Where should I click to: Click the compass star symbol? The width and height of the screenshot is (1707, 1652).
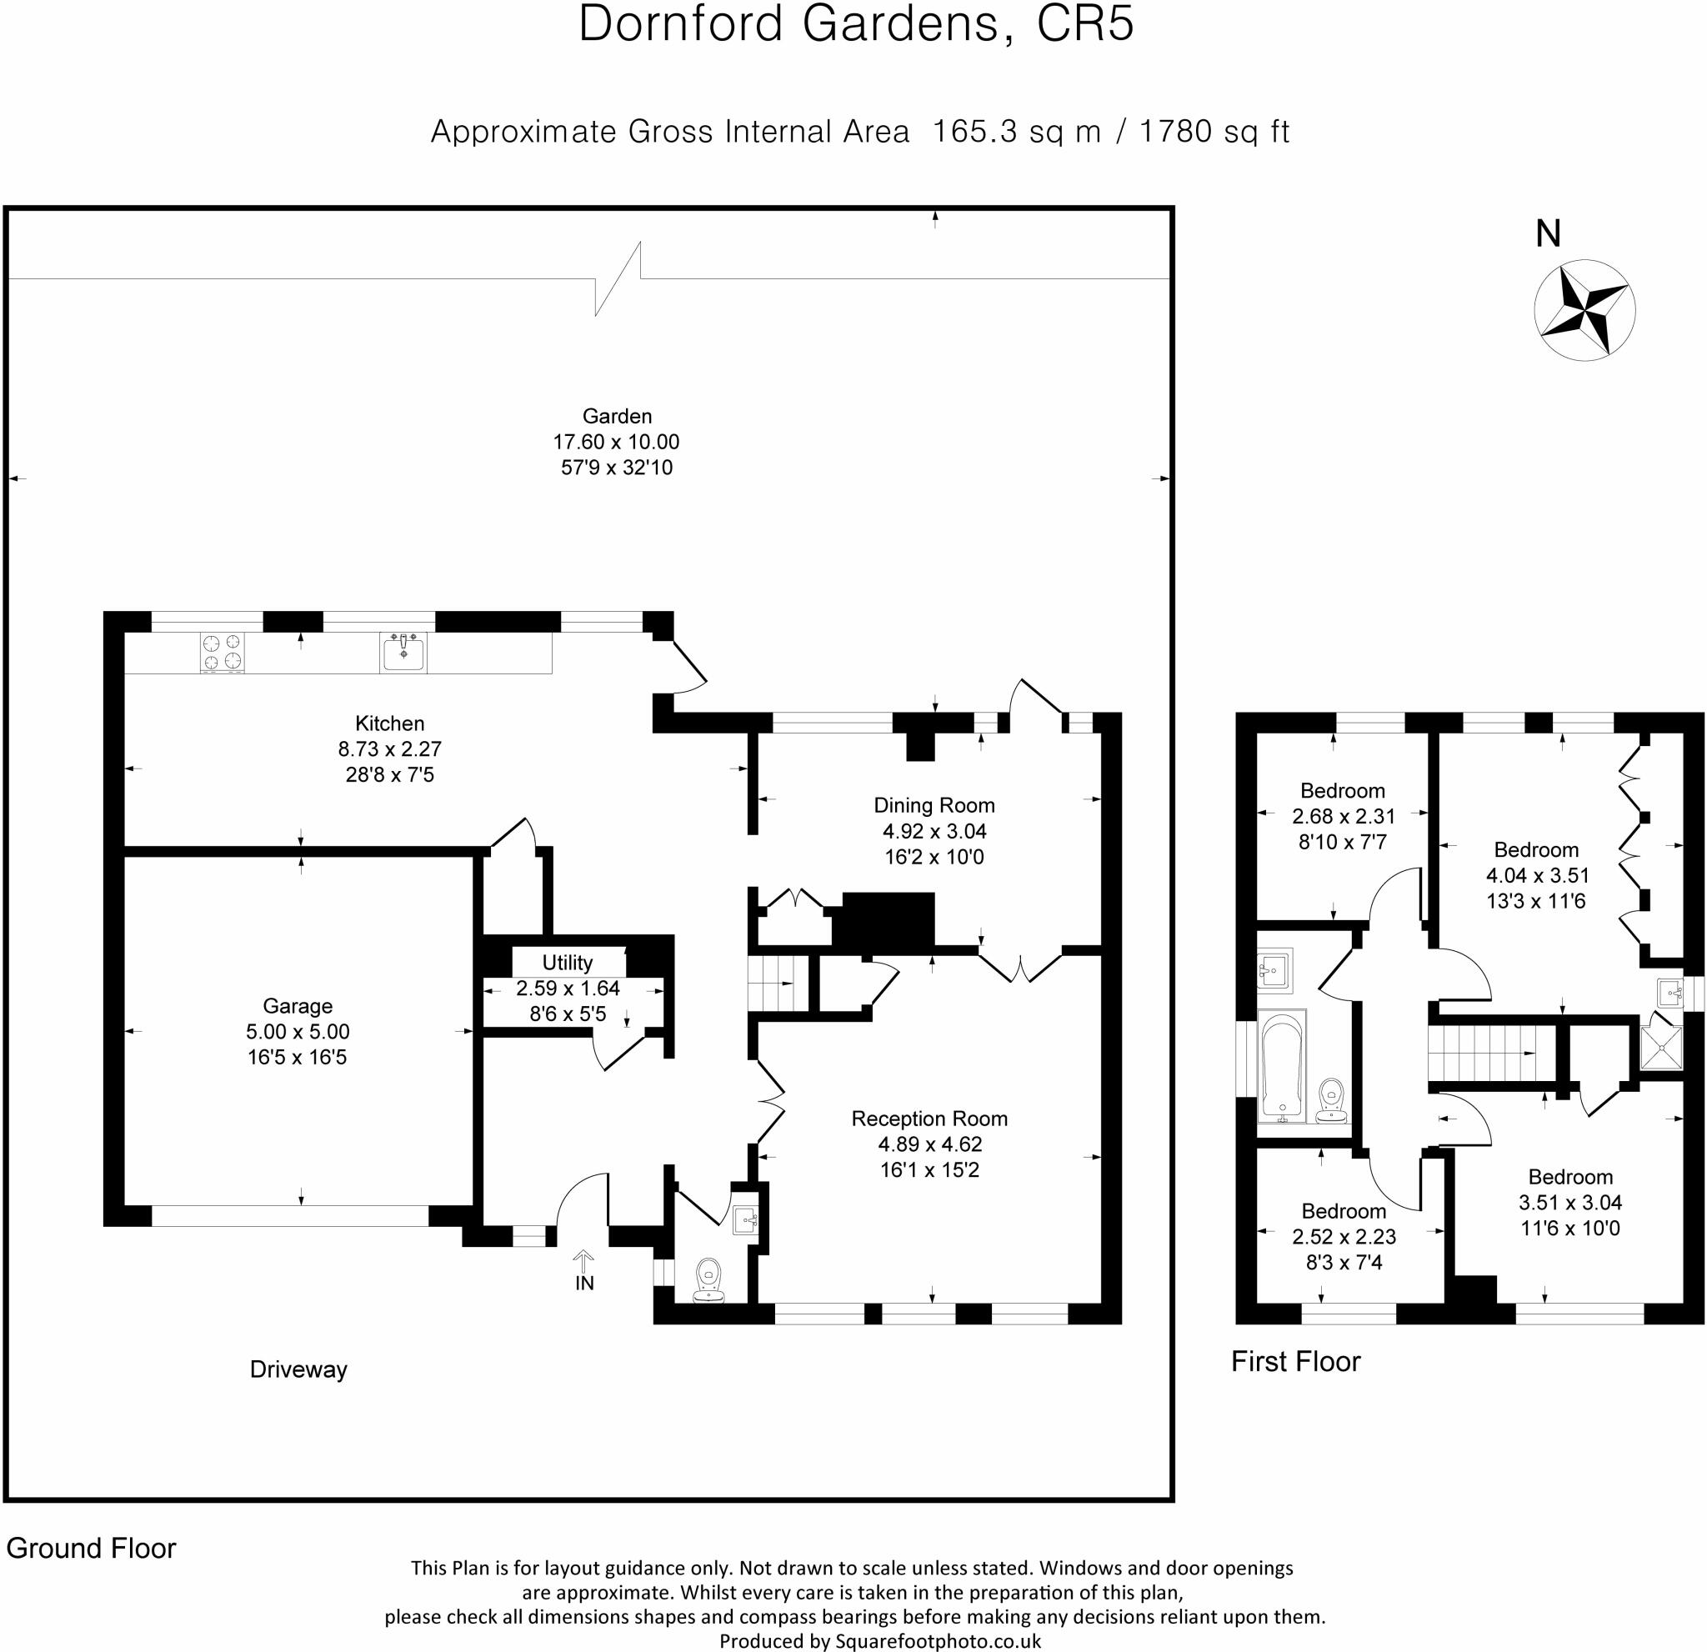coord(1584,309)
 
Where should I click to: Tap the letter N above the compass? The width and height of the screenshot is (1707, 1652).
coord(1548,234)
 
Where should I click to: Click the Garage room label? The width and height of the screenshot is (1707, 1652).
coord(297,1006)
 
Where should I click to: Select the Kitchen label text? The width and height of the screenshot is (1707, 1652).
coord(389,723)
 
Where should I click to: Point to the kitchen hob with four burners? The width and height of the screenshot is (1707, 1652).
coord(222,653)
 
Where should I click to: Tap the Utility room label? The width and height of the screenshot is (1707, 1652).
coord(567,963)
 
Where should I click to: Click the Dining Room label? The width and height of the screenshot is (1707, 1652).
coord(934,805)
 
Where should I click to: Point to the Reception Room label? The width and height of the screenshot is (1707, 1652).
coord(929,1119)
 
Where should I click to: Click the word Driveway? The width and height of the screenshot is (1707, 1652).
coord(298,1369)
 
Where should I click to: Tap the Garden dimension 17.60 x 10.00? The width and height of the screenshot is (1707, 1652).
coord(616,442)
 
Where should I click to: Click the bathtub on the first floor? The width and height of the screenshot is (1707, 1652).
coord(1282,1067)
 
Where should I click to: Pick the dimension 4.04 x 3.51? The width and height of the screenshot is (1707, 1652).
coord(1535,875)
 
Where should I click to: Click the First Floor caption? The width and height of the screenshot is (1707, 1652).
coord(1295,1361)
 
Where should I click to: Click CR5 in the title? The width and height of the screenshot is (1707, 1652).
coord(1084,24)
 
